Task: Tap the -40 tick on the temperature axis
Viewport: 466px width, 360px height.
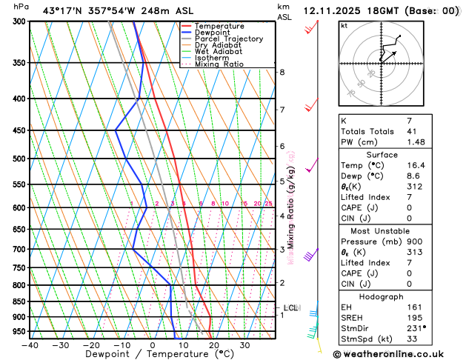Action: point(30,344)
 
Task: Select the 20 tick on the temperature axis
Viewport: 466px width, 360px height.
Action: point(213,344)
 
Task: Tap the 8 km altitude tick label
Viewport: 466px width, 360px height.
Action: point(282,72)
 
